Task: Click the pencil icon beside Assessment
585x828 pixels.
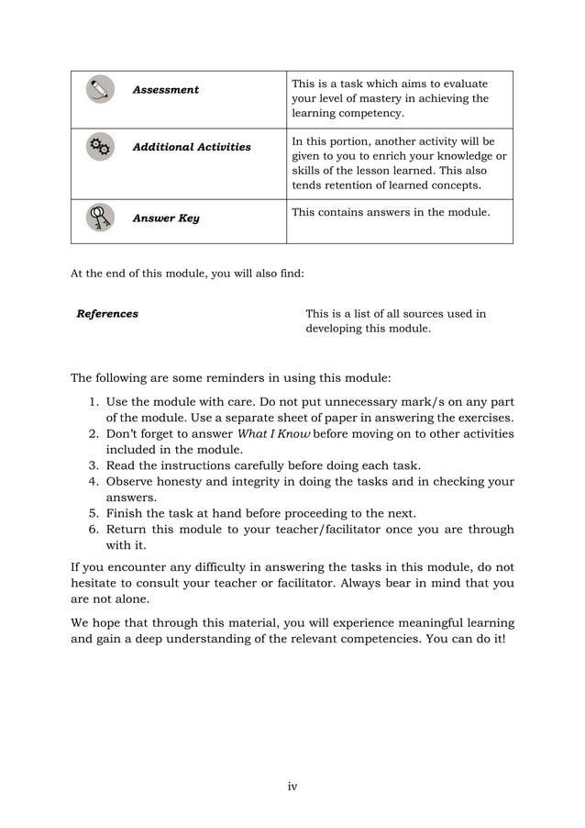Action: [x=100, y=89]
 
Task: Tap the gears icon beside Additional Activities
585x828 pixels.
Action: [x=100, y=147]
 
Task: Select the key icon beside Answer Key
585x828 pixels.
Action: [x=100, y=218]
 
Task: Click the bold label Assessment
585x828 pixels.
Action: [x=165, y=90]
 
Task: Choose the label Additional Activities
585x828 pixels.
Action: [x=191, y=147]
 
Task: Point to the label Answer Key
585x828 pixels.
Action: [x=165, y=218]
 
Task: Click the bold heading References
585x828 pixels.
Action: [x=107, y=314]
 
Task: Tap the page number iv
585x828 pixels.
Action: [x=292, y=786]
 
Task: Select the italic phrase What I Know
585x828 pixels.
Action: [x=274, y=434]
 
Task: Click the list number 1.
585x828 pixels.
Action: [x=94, y=402]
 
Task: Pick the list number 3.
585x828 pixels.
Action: [x=94, y=465]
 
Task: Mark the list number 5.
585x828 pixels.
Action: [x=94, y=513]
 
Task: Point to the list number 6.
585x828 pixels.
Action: [x=94, y=529]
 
